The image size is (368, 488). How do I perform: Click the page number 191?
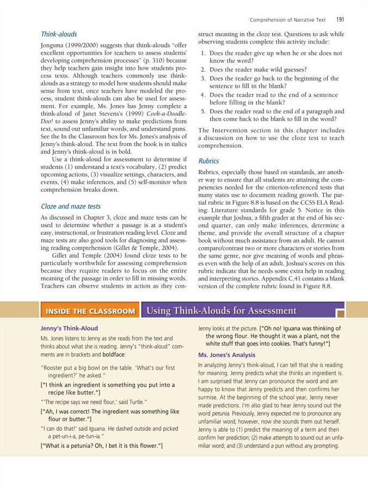coord(340,20)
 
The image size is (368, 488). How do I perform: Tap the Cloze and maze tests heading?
coord(71,206)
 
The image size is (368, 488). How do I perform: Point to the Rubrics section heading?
coord(208,161)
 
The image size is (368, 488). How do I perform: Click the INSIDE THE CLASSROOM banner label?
coord(90,311)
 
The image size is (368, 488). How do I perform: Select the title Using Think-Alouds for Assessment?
coord(222,311)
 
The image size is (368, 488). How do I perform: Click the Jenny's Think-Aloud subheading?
coord(70,328)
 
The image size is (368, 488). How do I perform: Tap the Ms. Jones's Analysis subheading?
coord(226,355)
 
